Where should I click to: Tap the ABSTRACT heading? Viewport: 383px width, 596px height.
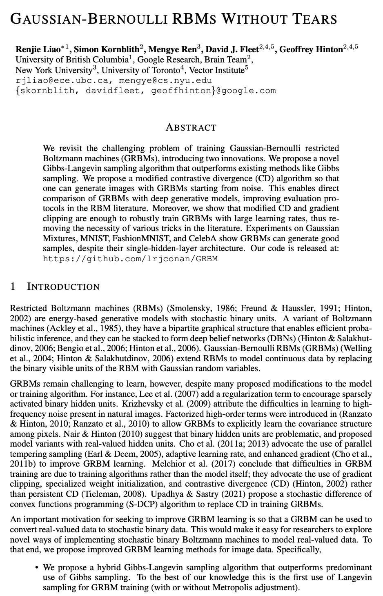[191, 127]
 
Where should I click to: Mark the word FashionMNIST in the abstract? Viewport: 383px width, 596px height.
[134, 238]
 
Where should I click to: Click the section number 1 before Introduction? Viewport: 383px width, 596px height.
[13, 287]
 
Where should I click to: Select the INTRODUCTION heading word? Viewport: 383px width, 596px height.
[63, 287]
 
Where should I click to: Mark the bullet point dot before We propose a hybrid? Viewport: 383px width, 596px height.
[37, 567]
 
